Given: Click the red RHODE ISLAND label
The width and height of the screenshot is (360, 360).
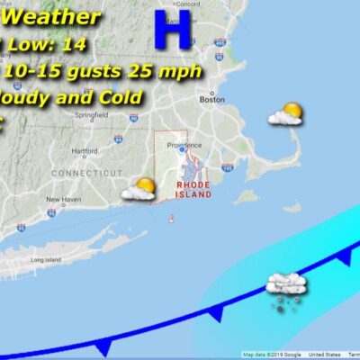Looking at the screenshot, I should tap(193, 187).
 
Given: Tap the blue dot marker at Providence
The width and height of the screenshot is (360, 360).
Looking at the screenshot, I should tap(181, 151).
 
